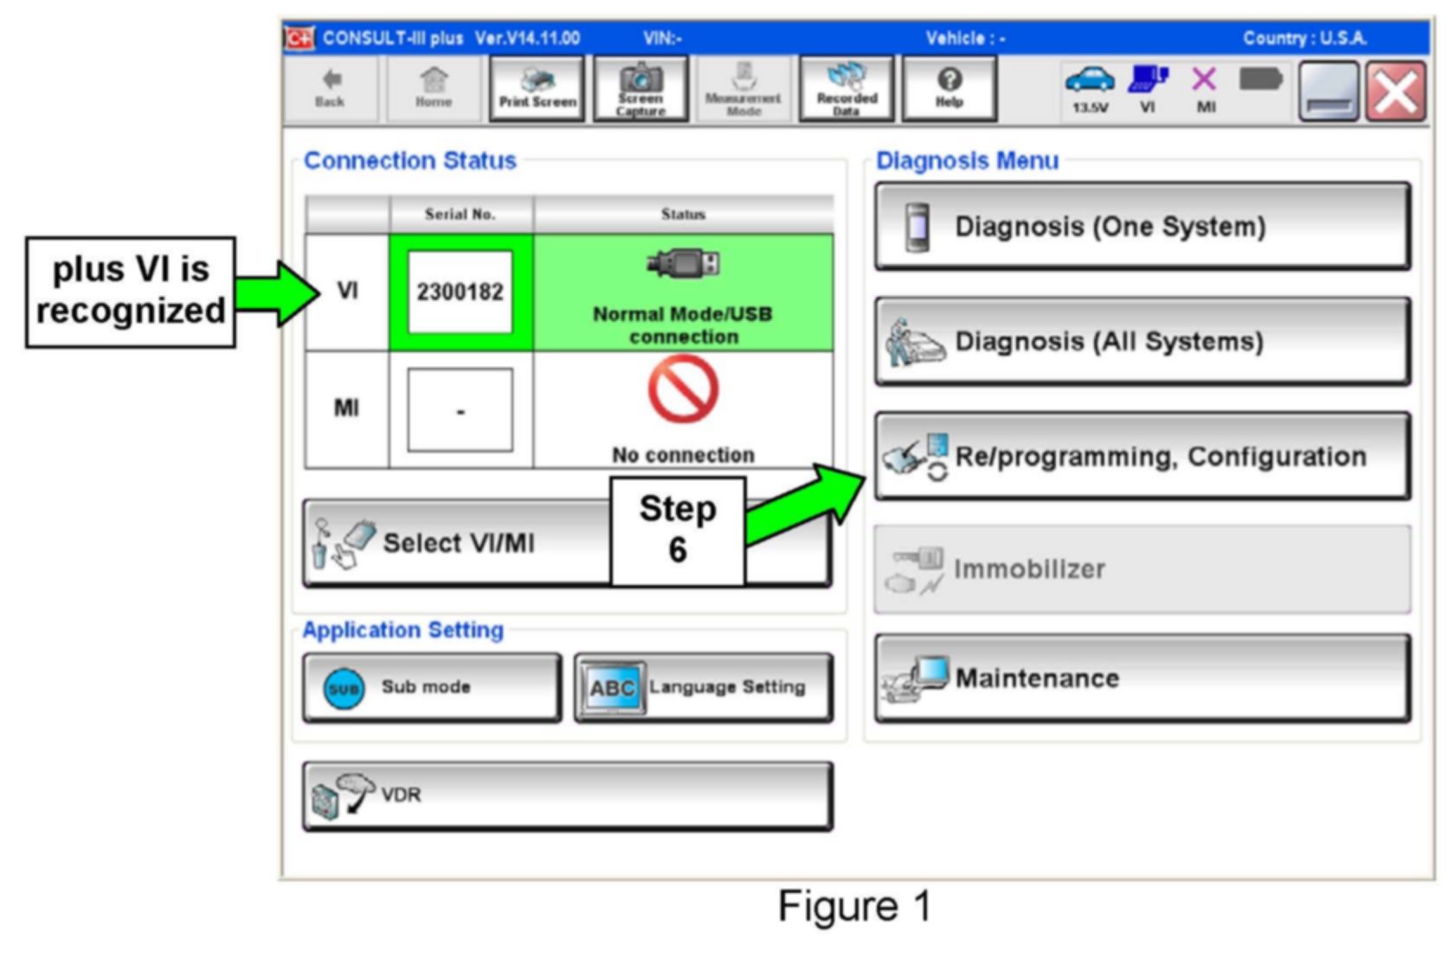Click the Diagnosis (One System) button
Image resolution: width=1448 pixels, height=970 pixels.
[x=1142, y=227]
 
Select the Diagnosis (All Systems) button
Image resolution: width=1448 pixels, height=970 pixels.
[x=1142, y=342]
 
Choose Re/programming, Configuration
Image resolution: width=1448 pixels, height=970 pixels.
[x=1142, y=456]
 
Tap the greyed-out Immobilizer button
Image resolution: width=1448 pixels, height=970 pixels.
[x=1142, y=569]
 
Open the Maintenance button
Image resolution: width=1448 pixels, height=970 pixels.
[x=1142, y=678]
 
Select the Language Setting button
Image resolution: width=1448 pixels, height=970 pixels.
[x=703, y=687]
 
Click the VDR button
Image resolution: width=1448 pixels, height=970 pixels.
[x=567, y=795]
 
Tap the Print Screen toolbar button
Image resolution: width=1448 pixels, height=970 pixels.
[x=537, y=89]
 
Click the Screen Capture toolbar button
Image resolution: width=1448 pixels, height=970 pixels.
[x=640, y=89]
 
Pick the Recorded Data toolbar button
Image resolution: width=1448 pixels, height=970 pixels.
[x=846, y=89]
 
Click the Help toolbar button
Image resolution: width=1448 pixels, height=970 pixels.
[x=949, y=89]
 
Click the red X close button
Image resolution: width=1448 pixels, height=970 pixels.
[x=1395, y=92]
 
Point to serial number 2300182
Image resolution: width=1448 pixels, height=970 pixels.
[x=460, y=292]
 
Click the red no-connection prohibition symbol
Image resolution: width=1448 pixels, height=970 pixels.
[x=683, y=390]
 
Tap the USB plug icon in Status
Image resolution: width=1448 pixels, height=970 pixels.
[x=684, y=263]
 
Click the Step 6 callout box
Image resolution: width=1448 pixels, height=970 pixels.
[x=678, y=530]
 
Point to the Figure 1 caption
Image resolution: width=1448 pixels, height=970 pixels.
[x=854, y=907]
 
